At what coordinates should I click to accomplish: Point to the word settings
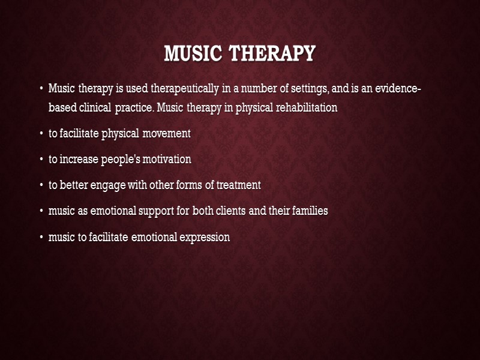click(x=292, y=89)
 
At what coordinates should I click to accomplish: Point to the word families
click(x=305, y=211)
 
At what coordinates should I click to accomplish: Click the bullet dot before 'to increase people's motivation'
click(x=41, y=160)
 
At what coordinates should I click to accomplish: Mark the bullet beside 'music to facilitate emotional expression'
click(x=41, y=238)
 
